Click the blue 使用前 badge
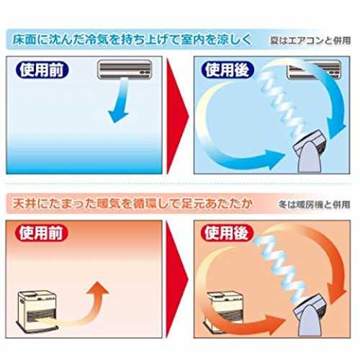pyautogui.click(x=42, y=70)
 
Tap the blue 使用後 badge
pyautogui.click(x=228, y=70)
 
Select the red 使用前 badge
pyautogui.click(x=41, y=233)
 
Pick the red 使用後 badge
pyautogui.click(x=227, y=233)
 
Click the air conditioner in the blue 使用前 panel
pyautogui.click(x=125, y=69)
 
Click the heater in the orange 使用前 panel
pyautogui.click(x=37, y=311)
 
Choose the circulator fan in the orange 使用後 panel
pyautogui.click(x=309, y=315)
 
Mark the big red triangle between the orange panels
pyautogui.click(x=177, y=279)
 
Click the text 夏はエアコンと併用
pyautogui.click(x=310, y=40)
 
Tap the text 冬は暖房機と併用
pyautogui.click(x=315, y=204)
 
